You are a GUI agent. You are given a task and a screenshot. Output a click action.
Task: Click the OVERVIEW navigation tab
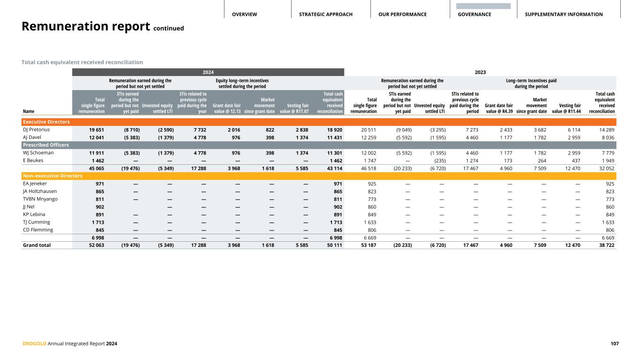click(244, 15)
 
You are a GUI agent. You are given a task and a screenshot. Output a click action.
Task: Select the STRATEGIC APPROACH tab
click(325, 15)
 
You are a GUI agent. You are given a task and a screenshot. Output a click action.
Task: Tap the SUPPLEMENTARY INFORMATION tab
click(564, 15)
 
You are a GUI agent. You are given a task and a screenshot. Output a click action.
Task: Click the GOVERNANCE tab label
click(474, 15)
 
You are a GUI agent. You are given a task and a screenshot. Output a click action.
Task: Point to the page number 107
click(614, 344)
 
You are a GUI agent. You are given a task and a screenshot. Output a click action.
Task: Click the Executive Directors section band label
click(46, 122)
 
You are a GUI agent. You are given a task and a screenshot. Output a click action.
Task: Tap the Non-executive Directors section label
click(52, 176)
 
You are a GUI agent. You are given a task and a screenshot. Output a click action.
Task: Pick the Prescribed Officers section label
click(46, 145)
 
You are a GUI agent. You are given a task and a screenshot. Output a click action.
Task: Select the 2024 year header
click(208, 72)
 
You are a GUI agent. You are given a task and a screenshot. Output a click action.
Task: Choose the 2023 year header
click(480, 72)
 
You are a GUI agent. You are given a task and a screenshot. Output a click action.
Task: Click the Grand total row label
click(37, 245)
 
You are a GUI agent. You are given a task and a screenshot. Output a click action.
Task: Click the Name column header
click(28, 112)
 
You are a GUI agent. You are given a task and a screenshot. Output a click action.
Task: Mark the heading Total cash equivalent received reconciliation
click(82, 62)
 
